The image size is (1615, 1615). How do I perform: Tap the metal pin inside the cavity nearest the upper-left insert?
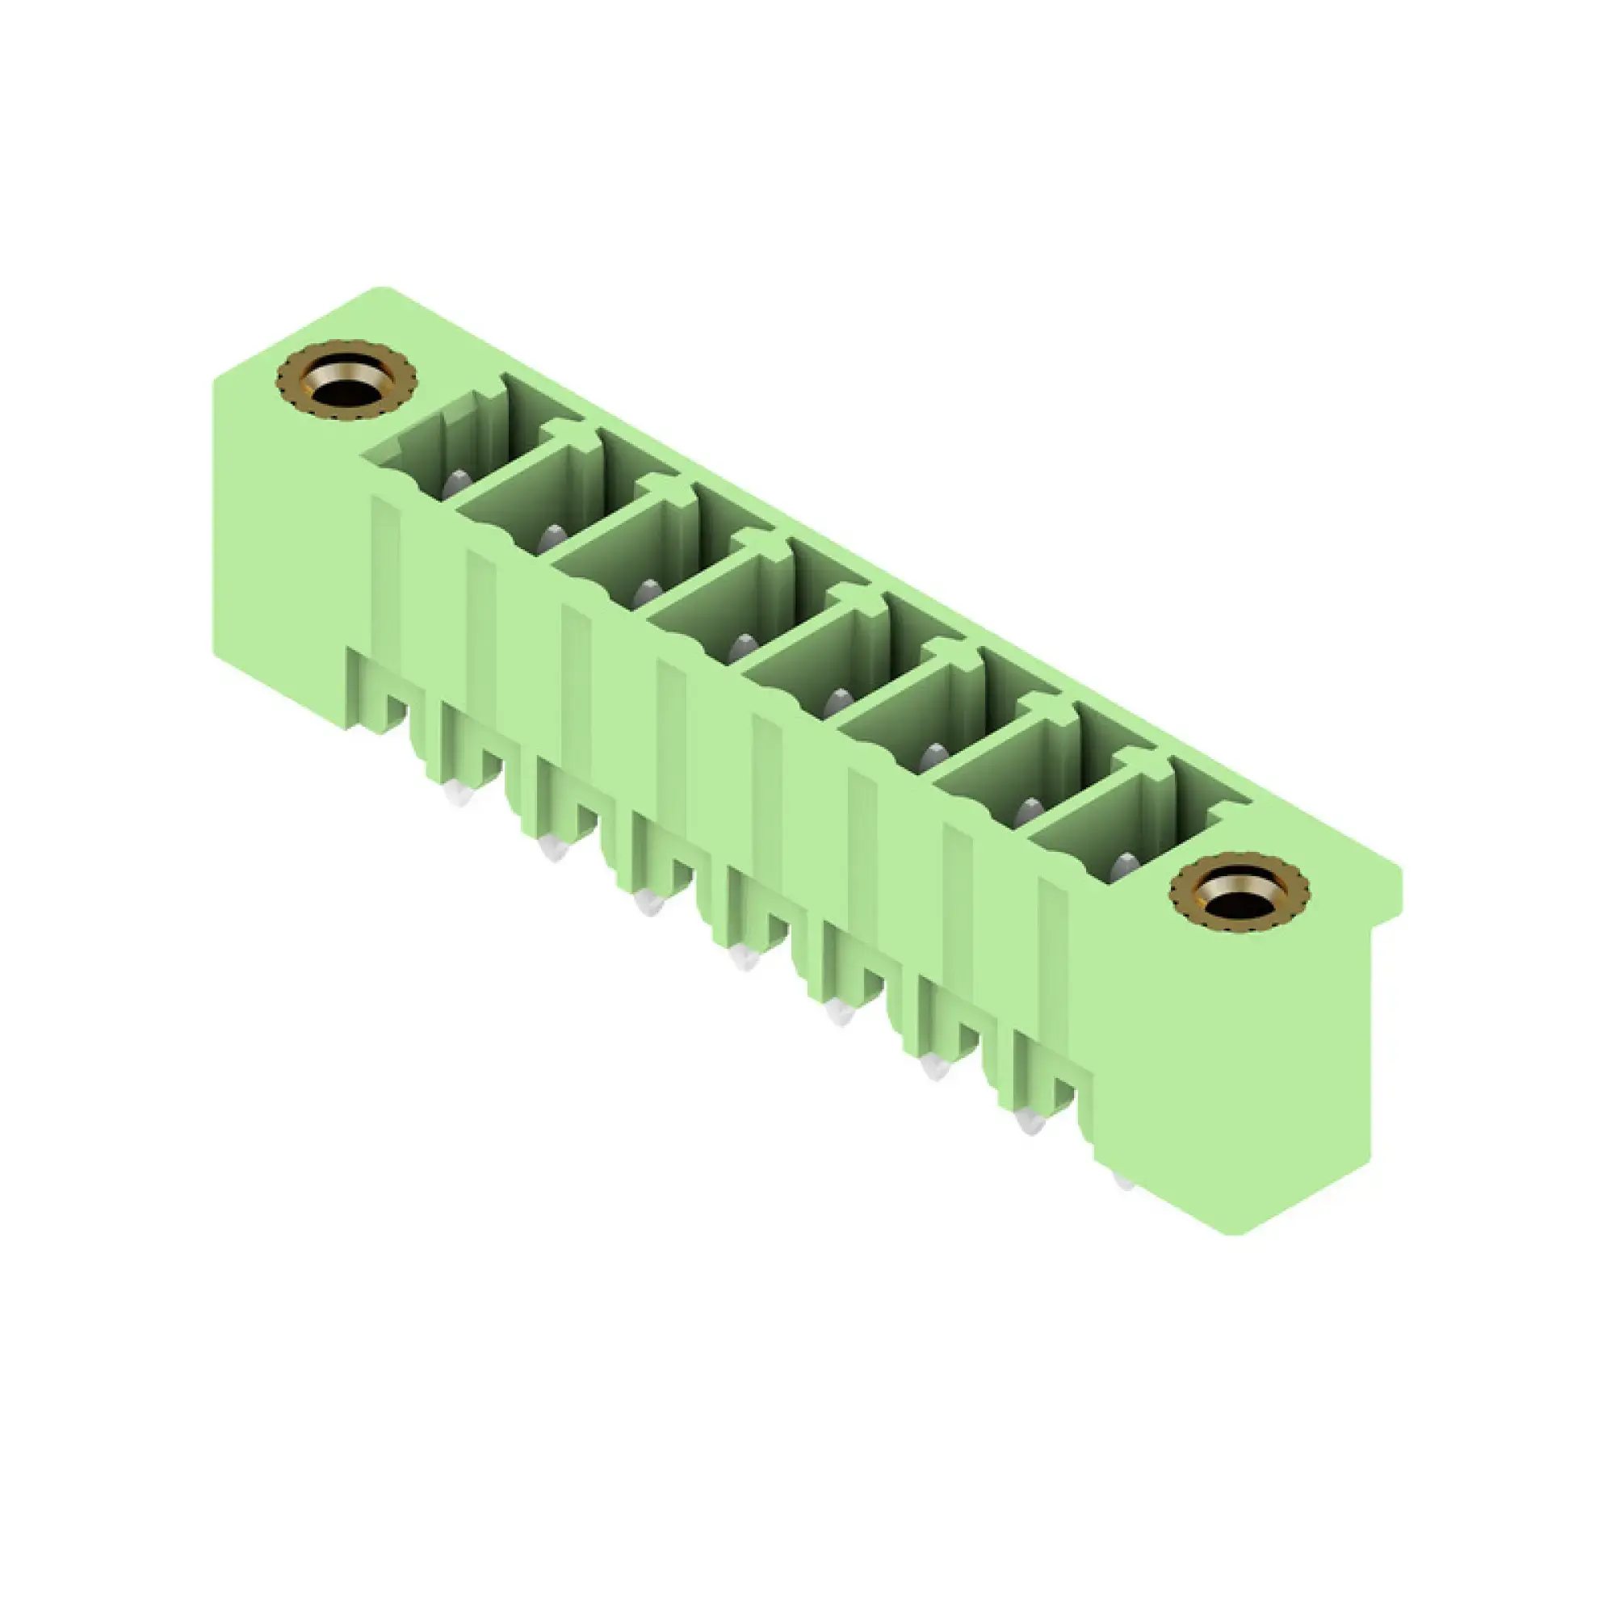(x=456, y=483)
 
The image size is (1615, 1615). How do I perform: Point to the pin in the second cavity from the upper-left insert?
(x=551, y=539)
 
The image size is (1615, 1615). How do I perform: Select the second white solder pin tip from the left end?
(x=552, y=849)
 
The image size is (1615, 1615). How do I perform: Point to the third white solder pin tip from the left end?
(x=648, y=903)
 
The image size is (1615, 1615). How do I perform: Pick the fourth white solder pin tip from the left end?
(x=743, y=958)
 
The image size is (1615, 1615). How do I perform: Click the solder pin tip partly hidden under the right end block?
(x=1124, y=1182)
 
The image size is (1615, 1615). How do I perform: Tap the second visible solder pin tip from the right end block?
(x=1030, y=1122)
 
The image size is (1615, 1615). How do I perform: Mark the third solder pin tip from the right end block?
(x=934, y=1068)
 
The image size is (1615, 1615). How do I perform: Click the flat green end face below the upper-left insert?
(x=284, y=543)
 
